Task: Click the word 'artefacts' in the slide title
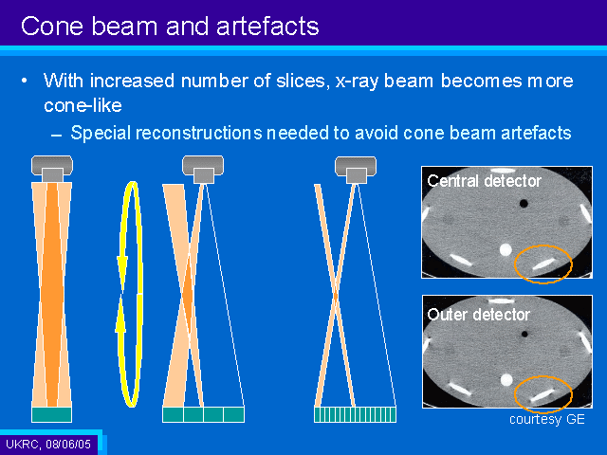pyautogui.click(x=267, y=27)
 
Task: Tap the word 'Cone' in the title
pyautogui.click(x=52, y=27)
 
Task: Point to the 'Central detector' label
pyautogui.click(x=484, y=181)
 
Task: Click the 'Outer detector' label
pyautogui.click(x=478, y=315)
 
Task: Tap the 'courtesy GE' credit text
pyautogui.click(x=546, y=419)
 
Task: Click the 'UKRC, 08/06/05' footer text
pyautogui.click(x=48, y=444)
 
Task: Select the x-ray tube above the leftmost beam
pyautogui.click(x=52, y=169)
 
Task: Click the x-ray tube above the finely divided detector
pyautogui.click(x=356, y=170)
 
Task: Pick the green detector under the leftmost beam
pyautogui.click(x=51, y=414)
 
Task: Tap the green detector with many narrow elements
pyautogui.click(x=355, y=414)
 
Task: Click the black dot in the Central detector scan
pyautogui.click(x=524, y=203)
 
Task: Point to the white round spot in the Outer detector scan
pyautogui.click(x=506, y=380)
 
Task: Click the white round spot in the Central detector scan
pyautogui.click(x=506, y=250)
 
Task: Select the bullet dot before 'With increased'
pyautogui.click(x=25, y=81)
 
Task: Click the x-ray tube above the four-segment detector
pyautogui.click(x=203, y=169)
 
